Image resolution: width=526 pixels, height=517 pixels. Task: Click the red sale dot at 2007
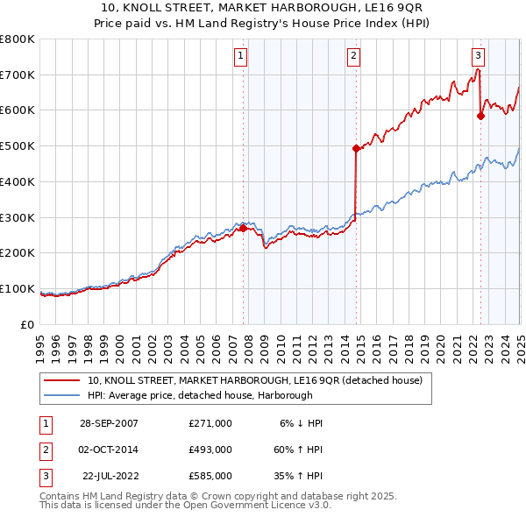(243, 228)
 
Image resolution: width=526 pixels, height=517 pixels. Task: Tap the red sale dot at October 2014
(356, 149)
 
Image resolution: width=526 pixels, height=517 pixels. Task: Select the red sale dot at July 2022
(480, 116)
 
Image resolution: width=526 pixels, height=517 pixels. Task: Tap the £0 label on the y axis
(26, 324)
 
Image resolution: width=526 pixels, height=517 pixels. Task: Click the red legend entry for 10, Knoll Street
(254, 380)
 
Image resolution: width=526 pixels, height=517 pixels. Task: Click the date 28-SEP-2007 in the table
(109, 423)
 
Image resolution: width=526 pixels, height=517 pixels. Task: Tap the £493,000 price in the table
(210, 450)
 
